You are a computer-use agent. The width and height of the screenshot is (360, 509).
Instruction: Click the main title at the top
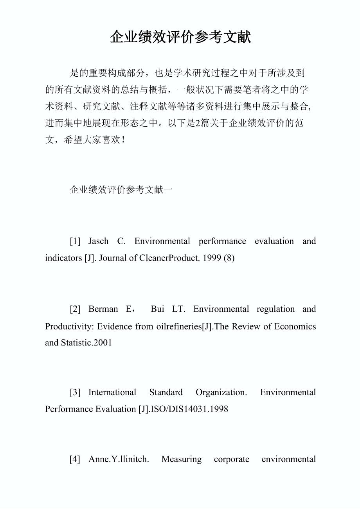(180, 38)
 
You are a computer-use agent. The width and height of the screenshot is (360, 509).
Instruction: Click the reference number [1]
(75, 241)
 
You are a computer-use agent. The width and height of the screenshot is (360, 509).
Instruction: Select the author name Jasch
(98, 241)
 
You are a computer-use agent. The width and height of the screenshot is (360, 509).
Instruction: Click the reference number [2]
(75, 309)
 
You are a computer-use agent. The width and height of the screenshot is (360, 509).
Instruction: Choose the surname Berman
(103, 309)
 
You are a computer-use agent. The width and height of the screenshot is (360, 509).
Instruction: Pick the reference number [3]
(75, 392)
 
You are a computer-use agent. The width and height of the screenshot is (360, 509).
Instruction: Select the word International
(112, 392)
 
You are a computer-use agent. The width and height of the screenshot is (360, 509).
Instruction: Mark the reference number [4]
(75, 459)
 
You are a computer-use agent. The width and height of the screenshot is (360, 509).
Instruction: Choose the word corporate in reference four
(231, 459)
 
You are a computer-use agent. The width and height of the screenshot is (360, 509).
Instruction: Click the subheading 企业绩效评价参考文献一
(121, 190)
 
